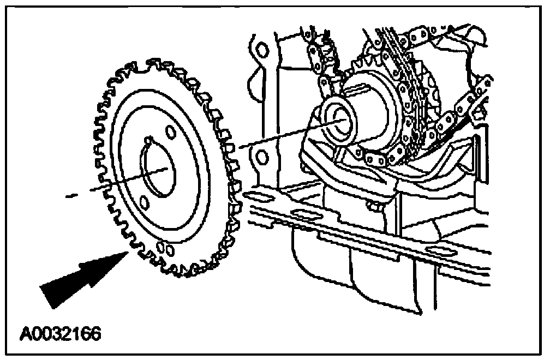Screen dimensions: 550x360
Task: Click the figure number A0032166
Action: (61, 333)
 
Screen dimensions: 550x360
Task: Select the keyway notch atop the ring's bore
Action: (149, 143)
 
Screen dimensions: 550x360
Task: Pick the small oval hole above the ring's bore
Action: (170, 133)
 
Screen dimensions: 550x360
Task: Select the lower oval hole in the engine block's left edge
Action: (262, 158)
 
